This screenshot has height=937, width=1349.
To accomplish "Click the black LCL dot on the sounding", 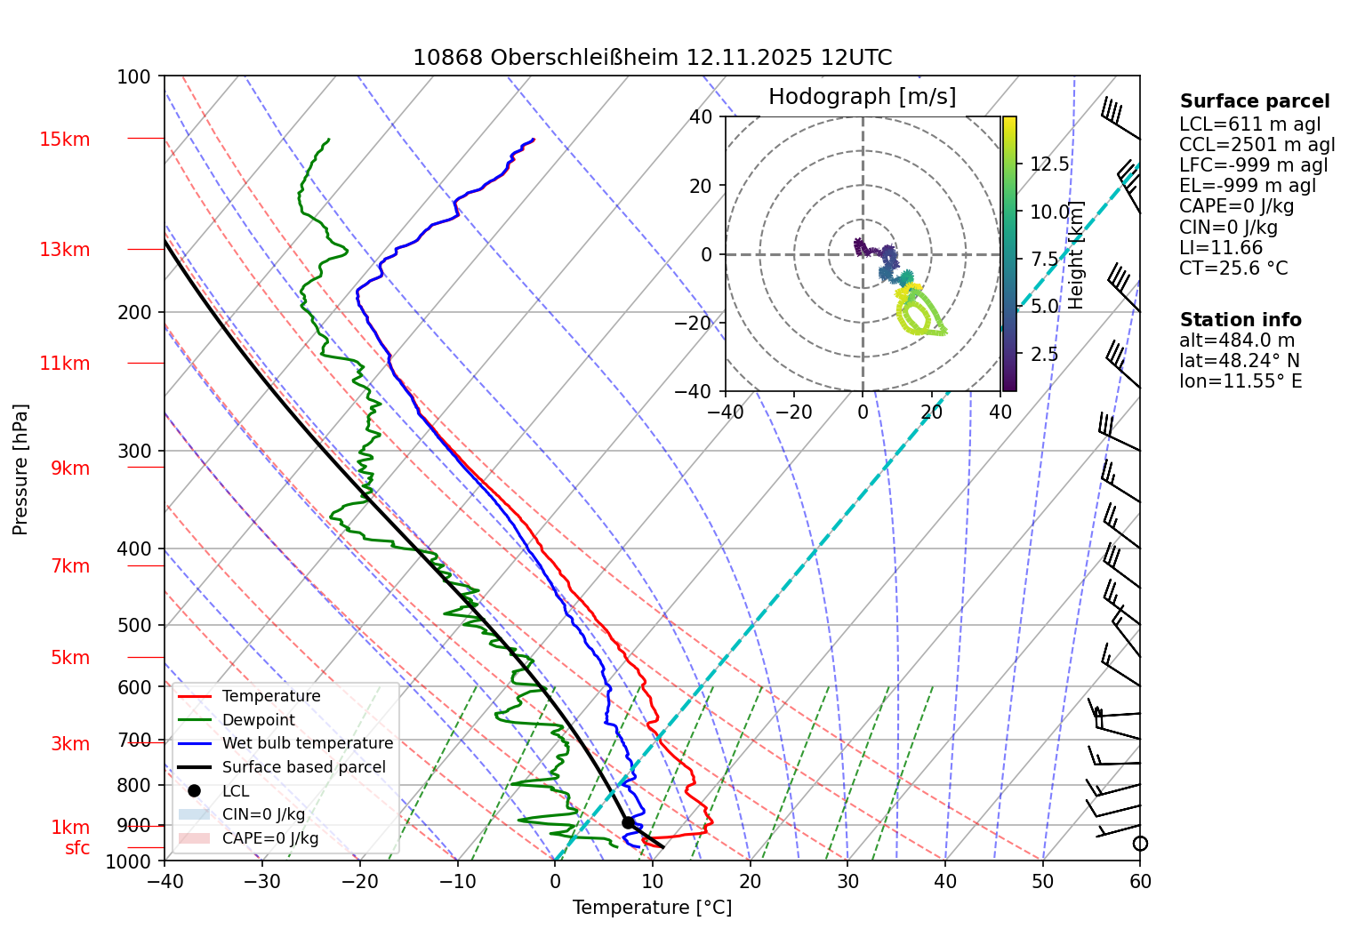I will pos(628,822).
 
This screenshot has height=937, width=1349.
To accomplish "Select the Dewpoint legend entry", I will pos(258,720).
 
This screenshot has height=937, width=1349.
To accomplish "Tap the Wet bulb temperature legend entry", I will pos(307,743).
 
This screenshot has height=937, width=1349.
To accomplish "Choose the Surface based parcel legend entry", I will pos(303,767).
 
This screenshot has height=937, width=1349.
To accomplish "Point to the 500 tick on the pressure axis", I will pos(135,625).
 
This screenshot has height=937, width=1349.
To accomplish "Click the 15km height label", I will pos(64,140).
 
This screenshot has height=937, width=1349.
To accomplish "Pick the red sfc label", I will pos(77,848).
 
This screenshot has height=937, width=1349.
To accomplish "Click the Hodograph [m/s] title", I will pos(862,97).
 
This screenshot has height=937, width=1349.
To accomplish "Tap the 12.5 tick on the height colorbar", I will pos(1049,164).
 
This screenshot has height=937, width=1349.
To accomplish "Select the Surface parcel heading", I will pos(1254,101).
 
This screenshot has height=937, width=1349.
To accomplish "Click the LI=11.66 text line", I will pos(1221,248).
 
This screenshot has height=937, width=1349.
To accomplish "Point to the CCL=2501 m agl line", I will pos(1257,145).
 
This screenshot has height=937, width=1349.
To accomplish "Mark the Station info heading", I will pos(1240,320).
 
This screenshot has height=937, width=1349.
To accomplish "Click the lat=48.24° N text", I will pos(1239,361).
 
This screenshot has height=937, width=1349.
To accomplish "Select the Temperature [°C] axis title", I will pos(652,908).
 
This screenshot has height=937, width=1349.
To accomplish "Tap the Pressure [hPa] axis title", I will pos(20,469).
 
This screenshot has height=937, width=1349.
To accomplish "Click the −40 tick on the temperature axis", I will pos(165,882).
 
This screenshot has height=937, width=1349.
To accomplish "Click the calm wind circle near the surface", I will pos(1140,843).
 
